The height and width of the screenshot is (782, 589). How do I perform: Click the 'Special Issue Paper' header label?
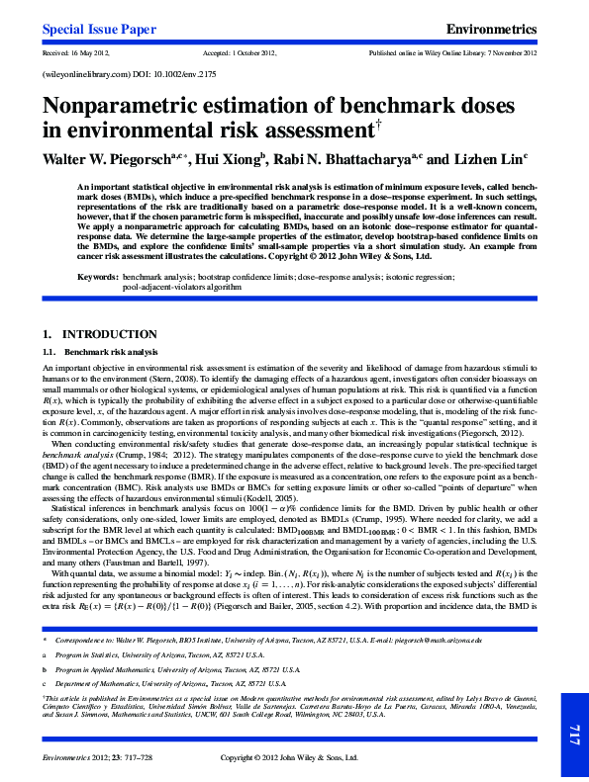99,30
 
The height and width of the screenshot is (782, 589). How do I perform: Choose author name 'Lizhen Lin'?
489,158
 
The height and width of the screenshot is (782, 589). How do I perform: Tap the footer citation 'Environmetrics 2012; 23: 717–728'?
94,757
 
